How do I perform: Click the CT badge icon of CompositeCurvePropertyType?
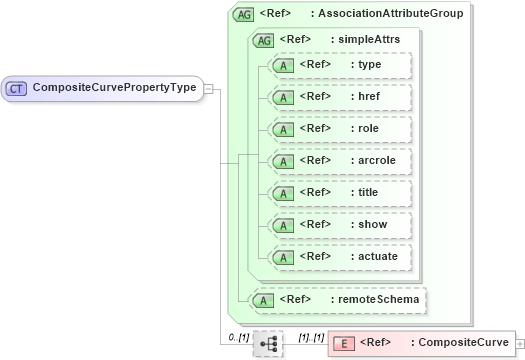pos(16,88)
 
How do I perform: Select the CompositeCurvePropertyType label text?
pos(114,87)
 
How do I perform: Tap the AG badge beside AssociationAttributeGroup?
pos(242,15)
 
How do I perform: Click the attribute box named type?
pos(340,65)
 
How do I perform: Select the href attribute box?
pos(340,97)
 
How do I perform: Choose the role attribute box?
pos(340,129)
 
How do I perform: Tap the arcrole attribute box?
pos(340,161)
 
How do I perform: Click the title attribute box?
pos(340,193)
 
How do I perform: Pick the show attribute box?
pos(340,225)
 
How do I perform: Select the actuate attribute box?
pos(340,257)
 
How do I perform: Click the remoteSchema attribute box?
pos(339,299)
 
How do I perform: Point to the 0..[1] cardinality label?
pos(238,336)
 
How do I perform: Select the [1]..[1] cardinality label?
pos(311,336)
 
